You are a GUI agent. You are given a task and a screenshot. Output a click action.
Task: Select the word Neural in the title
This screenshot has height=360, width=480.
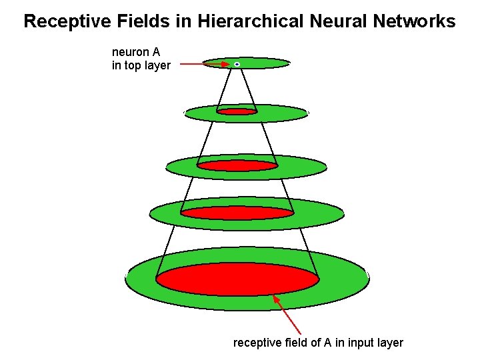click(337, 21)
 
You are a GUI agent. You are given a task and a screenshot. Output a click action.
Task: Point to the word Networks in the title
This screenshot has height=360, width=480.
click(414, 21)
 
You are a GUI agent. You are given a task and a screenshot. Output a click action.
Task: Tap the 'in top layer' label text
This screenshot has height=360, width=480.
click(141, 65)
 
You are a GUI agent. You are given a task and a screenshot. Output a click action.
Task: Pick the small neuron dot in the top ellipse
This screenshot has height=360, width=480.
click(237, 64)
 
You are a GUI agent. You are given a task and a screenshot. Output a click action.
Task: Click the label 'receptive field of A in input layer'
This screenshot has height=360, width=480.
click(318, 343)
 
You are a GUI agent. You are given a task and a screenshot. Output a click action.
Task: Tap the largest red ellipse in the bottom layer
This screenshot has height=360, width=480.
click(237, 279)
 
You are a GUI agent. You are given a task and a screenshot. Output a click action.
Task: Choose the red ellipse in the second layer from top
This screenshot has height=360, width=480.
click(237, 111)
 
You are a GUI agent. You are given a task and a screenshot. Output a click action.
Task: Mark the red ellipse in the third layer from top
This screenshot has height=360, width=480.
click(237, 165)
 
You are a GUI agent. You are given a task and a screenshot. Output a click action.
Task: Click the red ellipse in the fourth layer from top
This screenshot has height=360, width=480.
click(237, 213)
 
